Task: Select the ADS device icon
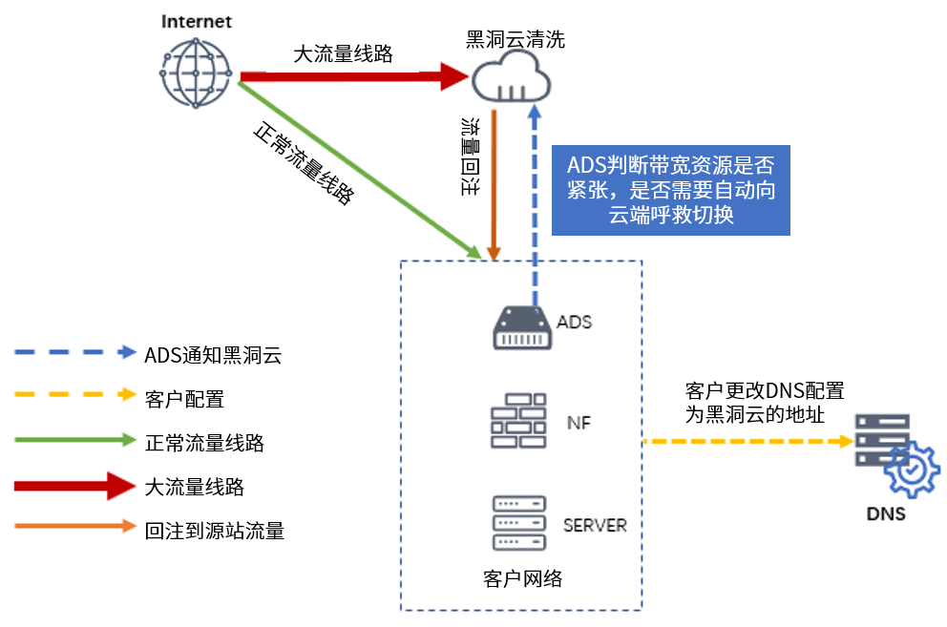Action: pos(521,326)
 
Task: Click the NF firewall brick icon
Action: pos(518,421)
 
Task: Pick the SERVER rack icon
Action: pos(519,523)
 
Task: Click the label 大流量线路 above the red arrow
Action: pos(344,54)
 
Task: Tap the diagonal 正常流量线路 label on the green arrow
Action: pos(304,163)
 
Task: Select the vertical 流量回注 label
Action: pos(470,157)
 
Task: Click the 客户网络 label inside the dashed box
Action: pos(522,579)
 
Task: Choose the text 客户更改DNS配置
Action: pos(765,391)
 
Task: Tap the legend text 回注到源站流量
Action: pos(215,531)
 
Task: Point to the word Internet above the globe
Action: pos(196,21)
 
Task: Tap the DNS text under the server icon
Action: pos(886,514)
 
